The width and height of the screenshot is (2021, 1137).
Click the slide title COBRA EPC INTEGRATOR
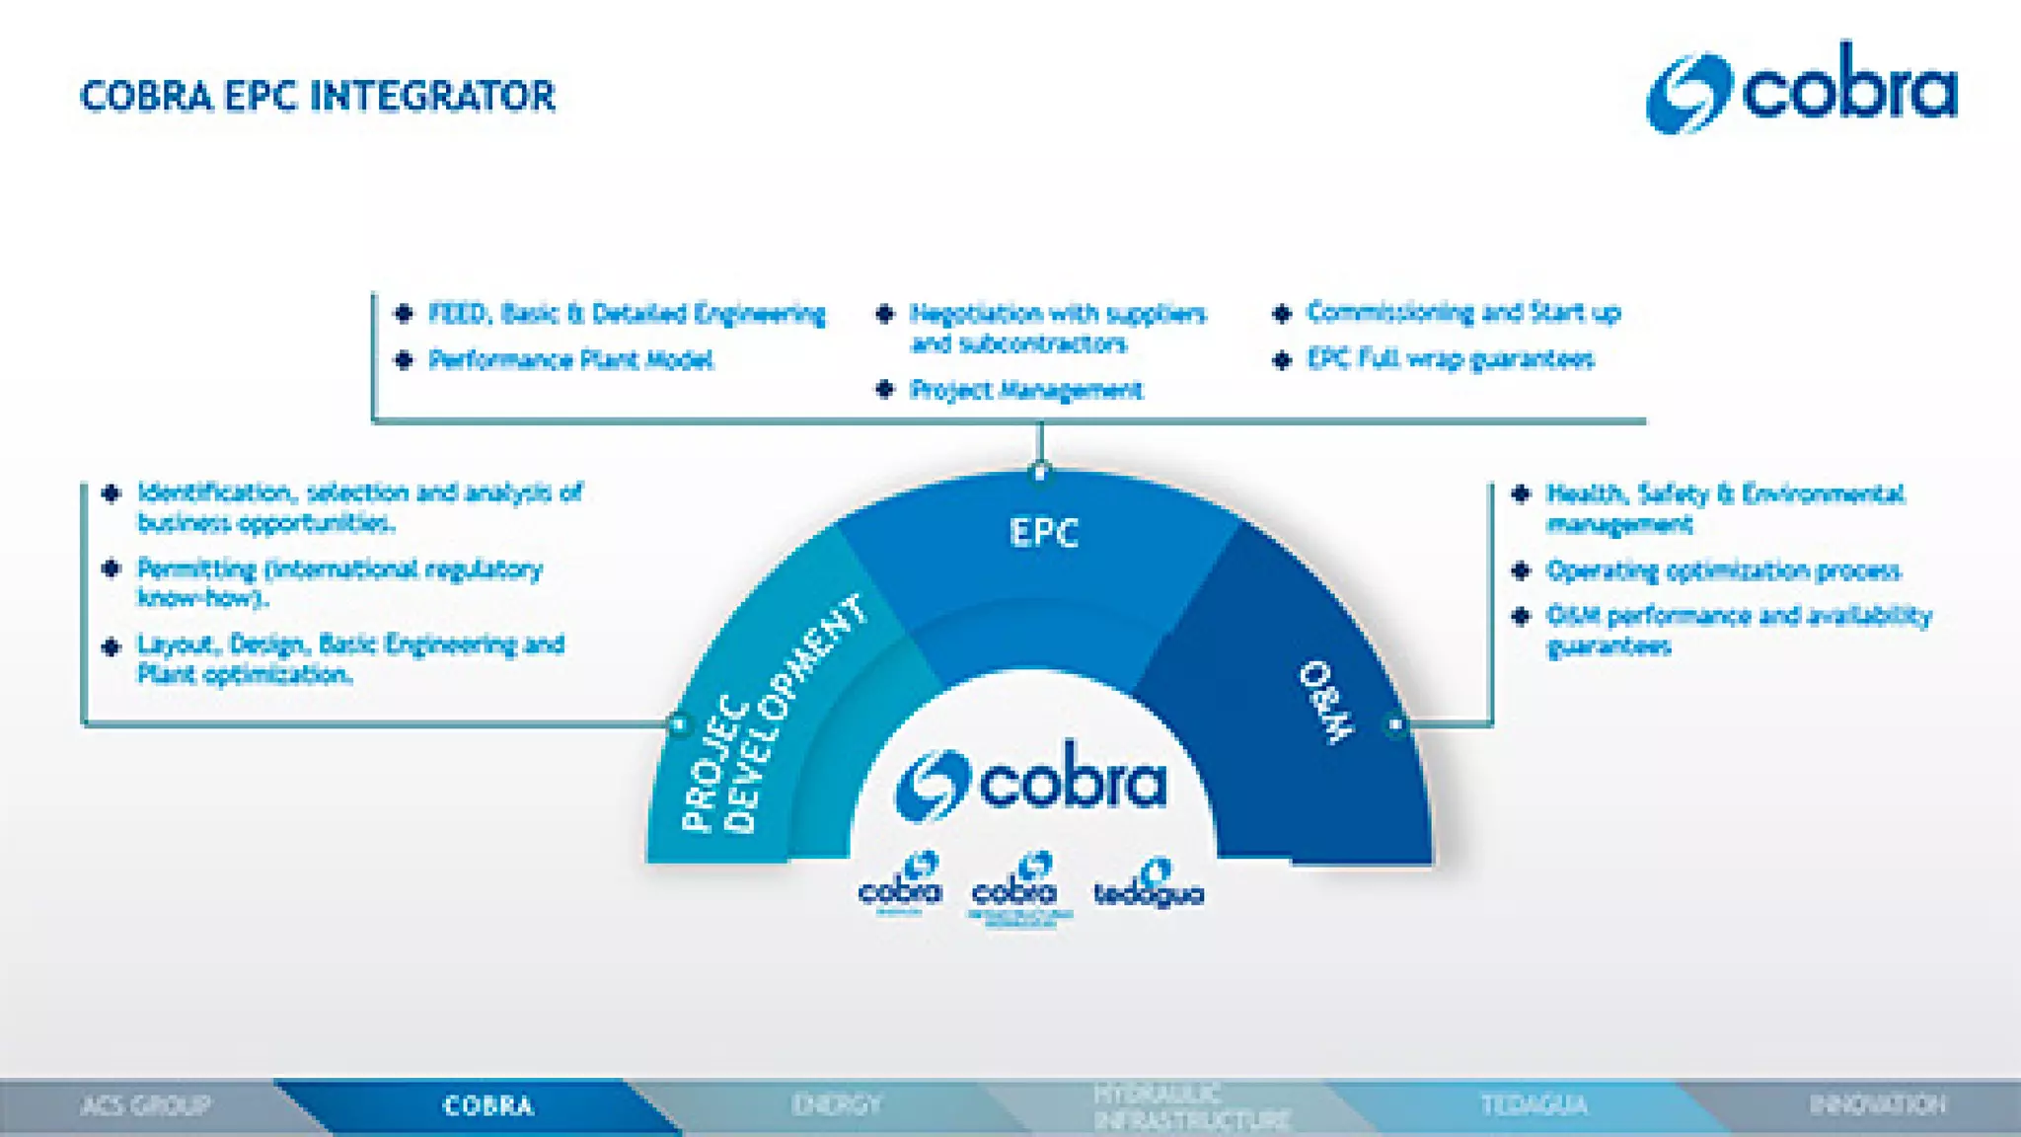click(318, 97)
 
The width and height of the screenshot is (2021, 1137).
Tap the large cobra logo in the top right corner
click(1802, 89)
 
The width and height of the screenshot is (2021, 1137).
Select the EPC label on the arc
click(1044, 533)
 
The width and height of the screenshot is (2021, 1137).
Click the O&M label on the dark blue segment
click(1326, 702)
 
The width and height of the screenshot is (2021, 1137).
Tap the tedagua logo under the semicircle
click(1149, 885)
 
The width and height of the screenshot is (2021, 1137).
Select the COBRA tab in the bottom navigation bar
click(488, 1105)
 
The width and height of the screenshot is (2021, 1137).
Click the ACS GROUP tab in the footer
click(146, 1105)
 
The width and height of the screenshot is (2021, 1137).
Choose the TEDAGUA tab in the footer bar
click(1534, 1105)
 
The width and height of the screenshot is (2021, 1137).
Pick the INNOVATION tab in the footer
click(1877, 1105)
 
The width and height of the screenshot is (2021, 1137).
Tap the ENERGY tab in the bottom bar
click(835, 1105)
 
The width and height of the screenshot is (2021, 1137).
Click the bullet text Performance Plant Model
click(570, 360)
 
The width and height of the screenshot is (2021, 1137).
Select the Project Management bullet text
click(1026, 391)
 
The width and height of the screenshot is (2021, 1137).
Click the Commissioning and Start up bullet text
click(1463, 313)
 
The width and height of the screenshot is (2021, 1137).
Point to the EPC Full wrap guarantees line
click(1450, 359)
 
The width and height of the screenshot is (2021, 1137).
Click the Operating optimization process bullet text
click(1723, 571)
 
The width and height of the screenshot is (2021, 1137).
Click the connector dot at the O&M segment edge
click(1395, 724)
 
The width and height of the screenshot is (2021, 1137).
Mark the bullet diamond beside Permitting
click(112, 569)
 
